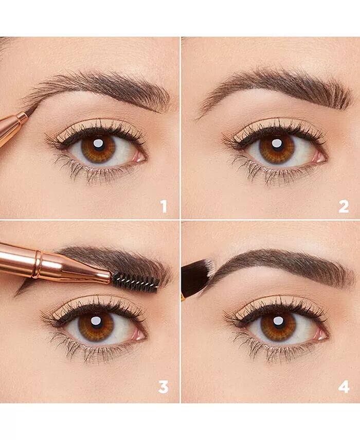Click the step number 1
pyautogui.click(x=164, y=206)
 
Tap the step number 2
pyautogui.click(x=344, y=206)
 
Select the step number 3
pyautogui.click(x=164, y=387)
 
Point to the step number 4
pyautogui.click(x=344, y=387)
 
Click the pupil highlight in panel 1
pyautogui.click(x=98, y=144)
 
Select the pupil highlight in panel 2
pyautogui.click(x=277, y=143)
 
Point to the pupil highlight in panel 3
pyautogui.click(x=96, y=321)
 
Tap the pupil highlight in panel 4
pyautogui.click(x=279, y=321)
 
